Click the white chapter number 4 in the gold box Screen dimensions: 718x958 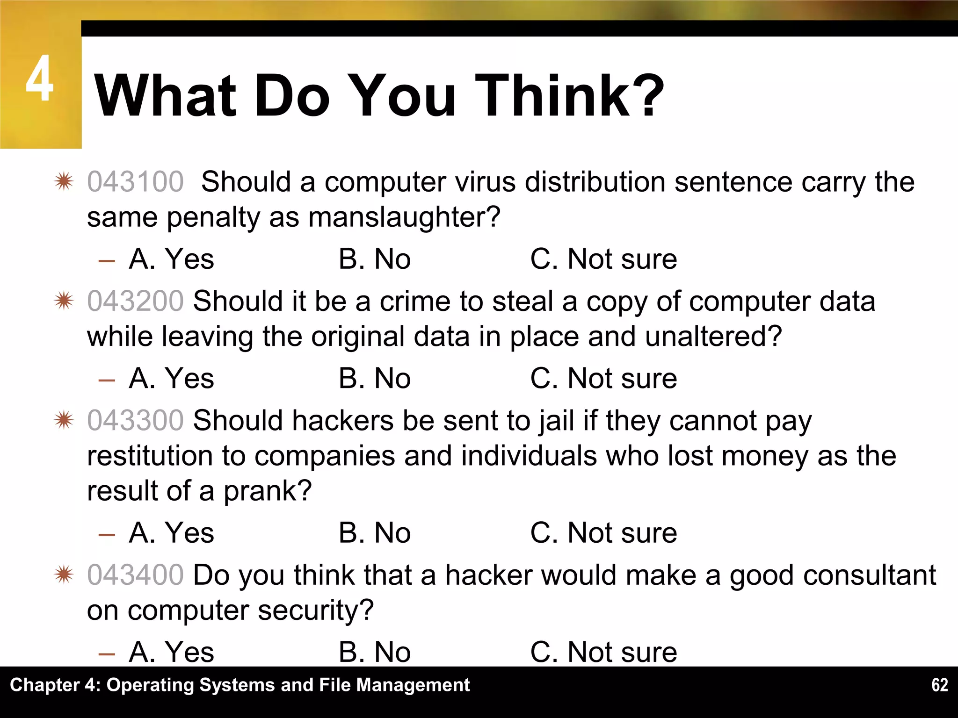39,79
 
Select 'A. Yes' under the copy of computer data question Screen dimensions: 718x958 171,378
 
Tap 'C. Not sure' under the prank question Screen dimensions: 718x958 603,533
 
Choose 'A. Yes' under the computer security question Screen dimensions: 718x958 171,652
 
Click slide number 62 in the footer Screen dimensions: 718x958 939,685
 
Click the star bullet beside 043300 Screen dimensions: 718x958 64,420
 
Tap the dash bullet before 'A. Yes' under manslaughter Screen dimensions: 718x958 107,260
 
